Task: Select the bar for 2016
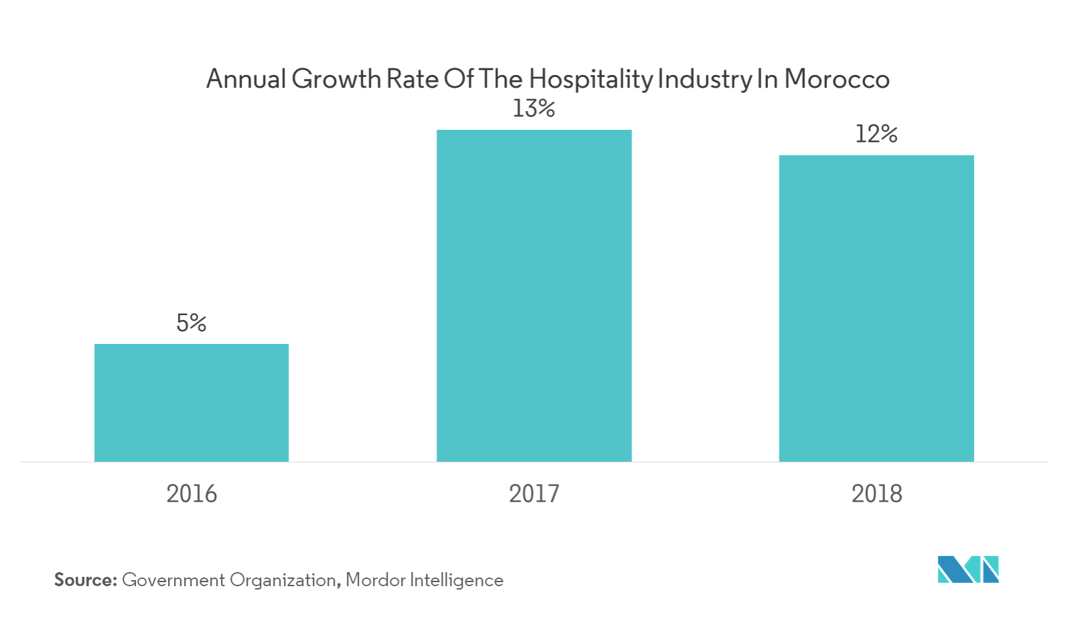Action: pyautogui.click(x=191, y=402)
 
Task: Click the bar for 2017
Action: pyautogui.click(x=534, y=295)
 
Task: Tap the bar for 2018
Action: pyautogui.click(x=876, y=308)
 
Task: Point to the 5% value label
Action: pyautogui.click(x=191, y=323)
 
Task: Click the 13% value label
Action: pyautogui.click(x=534, y=108)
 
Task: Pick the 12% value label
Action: pyautogui.click(x=876, y=135)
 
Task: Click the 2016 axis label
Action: pyautogui.click(x=191, y=494)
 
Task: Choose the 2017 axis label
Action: pyautogui.click(x=534, y=494)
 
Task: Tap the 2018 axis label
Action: pyautogui.click(x=876, y=494)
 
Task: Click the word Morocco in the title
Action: pyautogui.click(x=836, y=80)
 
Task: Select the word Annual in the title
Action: pyautogui.click(x=244, y=80)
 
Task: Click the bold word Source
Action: pyautogui.click(x=85, y=579)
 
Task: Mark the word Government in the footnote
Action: pyautogui.click(x=174, y=579)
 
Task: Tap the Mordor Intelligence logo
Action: pyautogui.click(x=968, y=569)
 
